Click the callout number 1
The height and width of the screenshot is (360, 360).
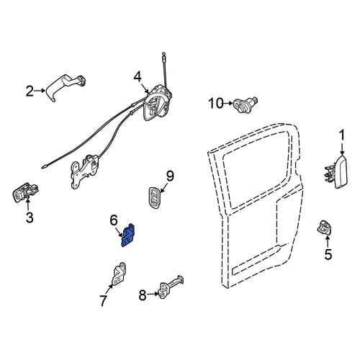[x=341, y=135]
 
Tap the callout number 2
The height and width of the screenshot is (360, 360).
[x=30, y=91]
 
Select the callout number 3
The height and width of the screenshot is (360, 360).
[x=30, y=217]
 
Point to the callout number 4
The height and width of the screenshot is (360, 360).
[x=138, y=77]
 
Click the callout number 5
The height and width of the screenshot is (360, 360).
[x=328, y=254]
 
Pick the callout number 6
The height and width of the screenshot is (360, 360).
[x=114, y=220]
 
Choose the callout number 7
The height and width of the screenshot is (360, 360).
[x=103, y=301]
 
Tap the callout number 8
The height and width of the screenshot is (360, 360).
[x=143, y=295]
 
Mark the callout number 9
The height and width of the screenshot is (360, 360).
[x=170, y=177]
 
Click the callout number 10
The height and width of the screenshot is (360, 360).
[x=215, y=104]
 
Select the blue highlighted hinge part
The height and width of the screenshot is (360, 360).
[x=127, y=235]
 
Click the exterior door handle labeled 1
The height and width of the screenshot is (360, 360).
[x=337, y=171]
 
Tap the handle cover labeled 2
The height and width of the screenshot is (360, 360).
[x=65, y=88]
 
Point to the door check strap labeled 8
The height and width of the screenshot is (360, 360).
[x=171, y=286]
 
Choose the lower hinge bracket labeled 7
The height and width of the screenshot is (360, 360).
[x=120, y=274]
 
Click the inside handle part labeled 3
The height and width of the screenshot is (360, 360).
[x=25, y=192]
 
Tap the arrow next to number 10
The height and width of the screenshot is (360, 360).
[x=228, y=104]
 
